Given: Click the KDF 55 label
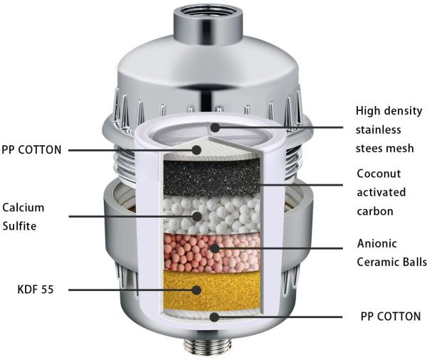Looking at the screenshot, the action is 36,289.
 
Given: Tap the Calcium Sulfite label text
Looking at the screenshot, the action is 23,217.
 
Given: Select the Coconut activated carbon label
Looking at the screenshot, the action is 381,192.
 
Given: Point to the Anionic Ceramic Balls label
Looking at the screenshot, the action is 391,253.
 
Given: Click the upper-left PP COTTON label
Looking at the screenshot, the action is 31,150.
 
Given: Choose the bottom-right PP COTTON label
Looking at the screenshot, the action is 391,317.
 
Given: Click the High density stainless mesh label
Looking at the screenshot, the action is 389,129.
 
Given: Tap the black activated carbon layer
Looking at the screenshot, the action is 211,179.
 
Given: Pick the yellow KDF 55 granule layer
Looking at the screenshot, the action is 211,290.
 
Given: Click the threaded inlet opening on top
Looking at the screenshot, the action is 209,12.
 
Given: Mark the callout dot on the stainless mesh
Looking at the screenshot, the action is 215,127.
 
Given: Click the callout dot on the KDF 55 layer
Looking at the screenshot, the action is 196,290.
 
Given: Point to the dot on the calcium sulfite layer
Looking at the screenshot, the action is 196,216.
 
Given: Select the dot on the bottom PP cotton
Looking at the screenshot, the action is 215,317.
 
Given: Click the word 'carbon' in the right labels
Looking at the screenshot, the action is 375,211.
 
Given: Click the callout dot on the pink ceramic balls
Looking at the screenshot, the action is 215,248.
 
